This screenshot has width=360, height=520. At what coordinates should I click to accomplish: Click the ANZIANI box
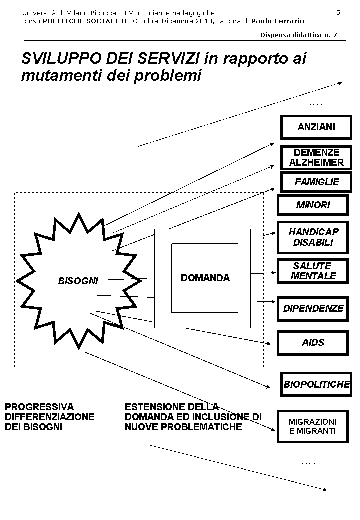pyautogui.click(x=316, y=127)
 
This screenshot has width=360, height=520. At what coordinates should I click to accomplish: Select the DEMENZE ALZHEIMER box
pyautogui.click(x=316, y=157)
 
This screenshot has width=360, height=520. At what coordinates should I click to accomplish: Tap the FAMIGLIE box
pyautogui.click(x=316, y=182)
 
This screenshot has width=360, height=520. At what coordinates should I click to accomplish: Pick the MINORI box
pyautogui.click(x=313, y=205)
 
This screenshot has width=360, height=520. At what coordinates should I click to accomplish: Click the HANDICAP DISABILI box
pyautogui.click(x=313, y=237)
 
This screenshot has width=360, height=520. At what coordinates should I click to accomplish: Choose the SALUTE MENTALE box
pyautogui.click(x=313, y=271)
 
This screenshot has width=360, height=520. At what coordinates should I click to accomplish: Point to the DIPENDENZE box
pyautogui.click(x=313, y=308)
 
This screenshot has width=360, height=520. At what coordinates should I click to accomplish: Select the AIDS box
pyautogui.click(x=313, y=343)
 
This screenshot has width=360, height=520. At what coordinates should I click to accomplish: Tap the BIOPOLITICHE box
pyautogui.click(x=316, y=385)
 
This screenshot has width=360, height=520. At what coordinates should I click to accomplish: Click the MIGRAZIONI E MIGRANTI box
pyautogui.click(x=313, y=426)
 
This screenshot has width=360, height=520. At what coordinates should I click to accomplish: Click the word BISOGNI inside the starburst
pyautogui.click(x=78, y=281)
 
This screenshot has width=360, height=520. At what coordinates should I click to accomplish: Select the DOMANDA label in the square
pyautogui.click(x=205, y=278)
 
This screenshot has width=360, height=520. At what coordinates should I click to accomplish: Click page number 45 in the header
pyautogui.click(x=336, y=12)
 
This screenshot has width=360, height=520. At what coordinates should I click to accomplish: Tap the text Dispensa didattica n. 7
pyautogui.click(x=298, y=35)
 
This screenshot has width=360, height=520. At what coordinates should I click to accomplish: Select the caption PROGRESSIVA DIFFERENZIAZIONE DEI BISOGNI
pyautogui.click(x=49, y=417)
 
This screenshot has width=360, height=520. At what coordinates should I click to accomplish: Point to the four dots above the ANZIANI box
pyautogui.click(x=316, y=104)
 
